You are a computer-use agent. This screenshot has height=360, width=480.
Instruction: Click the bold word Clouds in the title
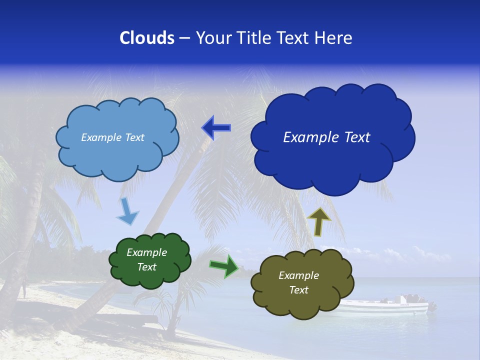147,38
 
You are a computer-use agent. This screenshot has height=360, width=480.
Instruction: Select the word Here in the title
334,38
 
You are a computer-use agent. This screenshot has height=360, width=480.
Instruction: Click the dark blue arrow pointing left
216,128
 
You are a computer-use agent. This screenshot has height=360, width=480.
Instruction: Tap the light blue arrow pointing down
127,211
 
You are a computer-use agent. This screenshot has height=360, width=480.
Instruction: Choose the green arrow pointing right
224,265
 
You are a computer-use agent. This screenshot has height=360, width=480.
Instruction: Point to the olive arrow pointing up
319,221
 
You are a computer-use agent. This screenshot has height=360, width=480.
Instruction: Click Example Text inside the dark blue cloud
326,137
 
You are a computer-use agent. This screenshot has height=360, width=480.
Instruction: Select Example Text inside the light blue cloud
112,137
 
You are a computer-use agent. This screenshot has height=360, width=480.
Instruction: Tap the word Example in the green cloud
146,252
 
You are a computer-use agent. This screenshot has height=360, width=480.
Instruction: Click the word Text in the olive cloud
298,290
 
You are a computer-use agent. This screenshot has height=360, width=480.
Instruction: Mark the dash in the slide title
184,38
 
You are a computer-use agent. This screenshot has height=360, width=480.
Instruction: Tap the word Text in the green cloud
146,267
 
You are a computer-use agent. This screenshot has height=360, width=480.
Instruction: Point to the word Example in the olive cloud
298,275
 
